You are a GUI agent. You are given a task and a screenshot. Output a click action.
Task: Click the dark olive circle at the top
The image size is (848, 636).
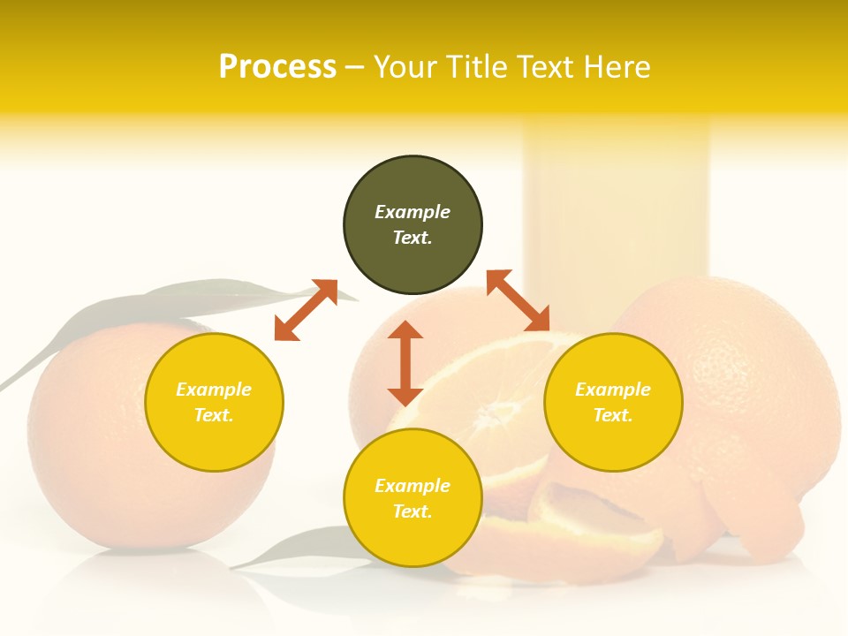(413, 225)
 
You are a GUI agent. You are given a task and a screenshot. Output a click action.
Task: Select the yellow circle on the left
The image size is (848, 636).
(214, 402)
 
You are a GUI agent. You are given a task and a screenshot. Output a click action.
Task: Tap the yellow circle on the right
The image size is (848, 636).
(613, 402)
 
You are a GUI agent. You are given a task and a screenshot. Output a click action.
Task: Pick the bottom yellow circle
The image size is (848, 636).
(413, 498)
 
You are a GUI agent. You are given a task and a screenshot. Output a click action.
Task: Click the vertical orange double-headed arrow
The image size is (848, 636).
(405, 363)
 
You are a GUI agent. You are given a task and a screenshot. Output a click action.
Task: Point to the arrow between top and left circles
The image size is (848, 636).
(306, 310)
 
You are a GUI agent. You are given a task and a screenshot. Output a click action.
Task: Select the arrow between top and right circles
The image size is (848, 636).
(519, 300)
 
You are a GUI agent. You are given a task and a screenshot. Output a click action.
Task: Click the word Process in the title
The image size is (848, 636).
(277, 66)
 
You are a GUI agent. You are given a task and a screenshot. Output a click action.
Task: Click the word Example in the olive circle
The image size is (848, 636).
(413, 212)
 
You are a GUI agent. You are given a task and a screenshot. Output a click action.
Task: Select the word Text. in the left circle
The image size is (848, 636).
(214, 415)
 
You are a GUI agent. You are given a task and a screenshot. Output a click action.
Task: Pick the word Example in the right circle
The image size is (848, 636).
(613, 390)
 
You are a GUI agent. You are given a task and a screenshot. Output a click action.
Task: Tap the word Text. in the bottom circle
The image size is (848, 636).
(413, 511)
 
